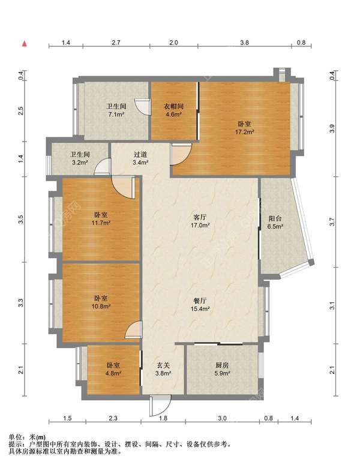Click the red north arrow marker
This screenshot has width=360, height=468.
click(25, 44)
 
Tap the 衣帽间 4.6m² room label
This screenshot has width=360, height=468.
click(173, 110)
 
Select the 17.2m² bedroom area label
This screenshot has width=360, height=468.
click(244, 128)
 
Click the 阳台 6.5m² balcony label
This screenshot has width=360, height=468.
click(275, 223)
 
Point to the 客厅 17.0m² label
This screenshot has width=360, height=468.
click(200, 221)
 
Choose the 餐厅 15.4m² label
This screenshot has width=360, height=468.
click(200, 305)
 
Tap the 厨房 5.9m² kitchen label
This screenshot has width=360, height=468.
click(222, 369)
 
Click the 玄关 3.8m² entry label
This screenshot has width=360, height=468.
click(163, 369)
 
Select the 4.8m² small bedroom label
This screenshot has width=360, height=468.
click(113, 369)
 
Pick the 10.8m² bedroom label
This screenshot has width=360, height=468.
click(101, 302)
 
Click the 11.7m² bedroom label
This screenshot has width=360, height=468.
click(101, 218)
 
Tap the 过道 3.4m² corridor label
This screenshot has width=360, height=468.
click(140, 158)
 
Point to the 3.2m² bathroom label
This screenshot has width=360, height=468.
click(80, 158)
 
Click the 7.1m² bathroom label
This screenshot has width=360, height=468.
click(116, 110)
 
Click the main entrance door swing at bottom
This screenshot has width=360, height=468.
click(160, 406)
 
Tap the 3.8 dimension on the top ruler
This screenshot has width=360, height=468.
click(244, 43)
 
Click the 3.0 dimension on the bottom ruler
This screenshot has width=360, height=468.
click(223, 418)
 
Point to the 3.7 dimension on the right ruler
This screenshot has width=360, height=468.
click(332, 222)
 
